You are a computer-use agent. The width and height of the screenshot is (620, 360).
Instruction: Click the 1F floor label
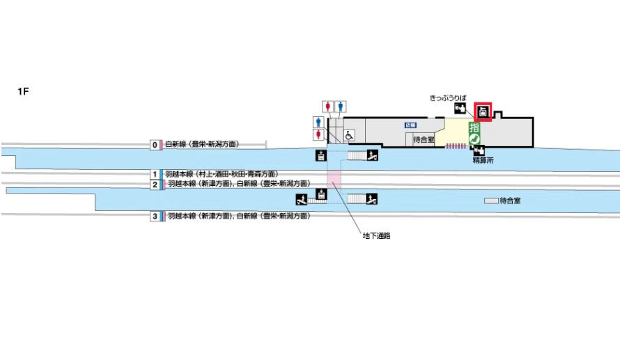point(22,91)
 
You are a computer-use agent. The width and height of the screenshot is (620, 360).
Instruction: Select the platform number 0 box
point(155,145)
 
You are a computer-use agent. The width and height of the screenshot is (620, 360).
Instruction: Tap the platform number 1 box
point(155,173)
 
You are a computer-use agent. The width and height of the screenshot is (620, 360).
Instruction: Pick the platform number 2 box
point(155,185)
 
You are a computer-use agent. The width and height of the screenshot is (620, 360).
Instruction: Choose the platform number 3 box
point(155,217)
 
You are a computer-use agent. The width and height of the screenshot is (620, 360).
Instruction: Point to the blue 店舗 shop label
point(411,125)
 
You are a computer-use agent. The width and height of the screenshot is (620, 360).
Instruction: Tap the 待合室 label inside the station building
point(424,140)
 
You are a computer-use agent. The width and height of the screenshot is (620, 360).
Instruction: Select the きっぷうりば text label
point(447,99)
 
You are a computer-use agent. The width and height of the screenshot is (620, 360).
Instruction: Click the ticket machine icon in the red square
point(483,112)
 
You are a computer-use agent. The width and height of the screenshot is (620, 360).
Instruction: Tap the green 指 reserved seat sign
point(474,127)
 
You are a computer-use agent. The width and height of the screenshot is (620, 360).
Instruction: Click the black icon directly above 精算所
point(481,149)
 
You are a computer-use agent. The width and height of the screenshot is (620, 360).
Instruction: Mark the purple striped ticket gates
point(456,146)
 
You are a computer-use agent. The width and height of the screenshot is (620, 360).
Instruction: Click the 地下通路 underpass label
point(376,235)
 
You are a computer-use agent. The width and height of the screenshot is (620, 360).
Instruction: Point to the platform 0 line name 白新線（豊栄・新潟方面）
point(202,145)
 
